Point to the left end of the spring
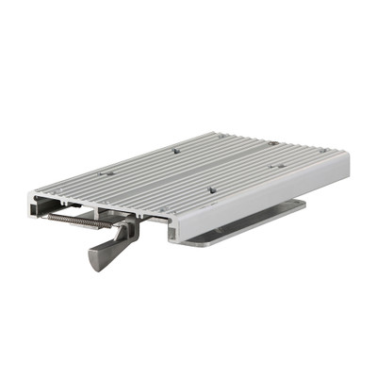point(49,216)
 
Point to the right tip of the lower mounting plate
point(303,202)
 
